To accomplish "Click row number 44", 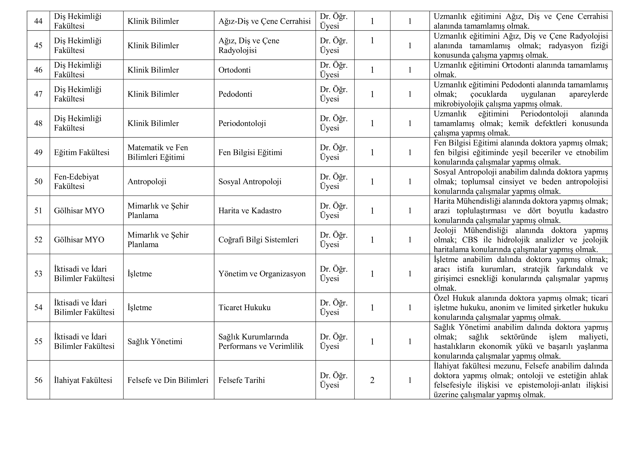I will [x=38, y=21].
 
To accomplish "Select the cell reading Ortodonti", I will [x=235, y=70].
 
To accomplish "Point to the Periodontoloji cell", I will [x=242, y=123].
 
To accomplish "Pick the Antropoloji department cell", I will [x=147, y=182].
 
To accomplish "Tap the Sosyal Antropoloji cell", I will [x=250, y=182].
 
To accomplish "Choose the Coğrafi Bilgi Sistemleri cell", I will [x=258, y=240].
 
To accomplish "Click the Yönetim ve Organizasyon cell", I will [x=262, y=274].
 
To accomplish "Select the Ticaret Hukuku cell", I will [x=244, y=307].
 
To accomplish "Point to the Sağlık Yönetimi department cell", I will [x=155, y=341].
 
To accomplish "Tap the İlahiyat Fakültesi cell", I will [x=83, y=380].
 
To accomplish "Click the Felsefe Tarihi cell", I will [x=242, y=380].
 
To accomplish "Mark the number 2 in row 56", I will [x=372, y=380].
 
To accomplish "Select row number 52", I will [x=38, y=240].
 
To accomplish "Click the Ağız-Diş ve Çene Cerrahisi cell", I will [x=264, y=21].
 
